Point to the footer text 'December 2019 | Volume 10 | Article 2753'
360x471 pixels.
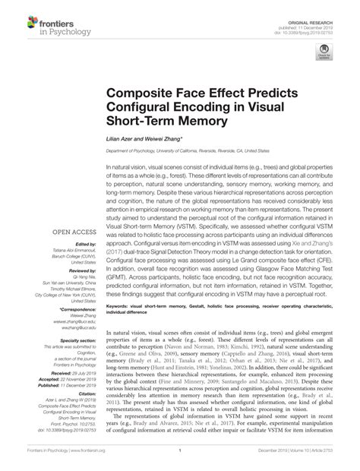[302, 460]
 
